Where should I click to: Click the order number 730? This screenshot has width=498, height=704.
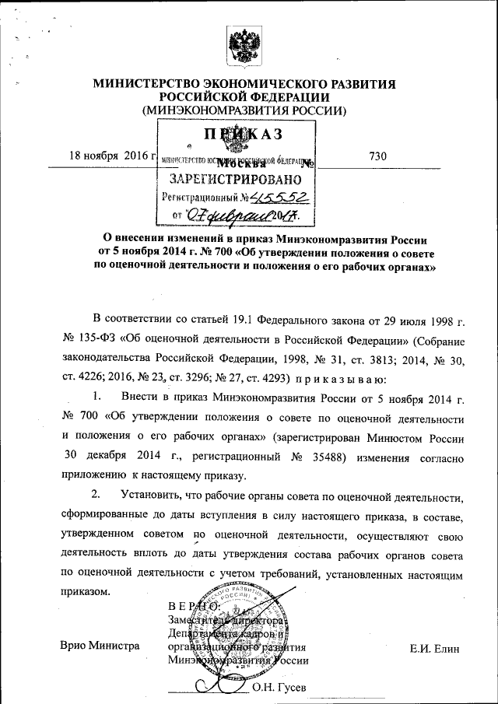point(378,156)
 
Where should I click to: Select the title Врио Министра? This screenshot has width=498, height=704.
point(100,647)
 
